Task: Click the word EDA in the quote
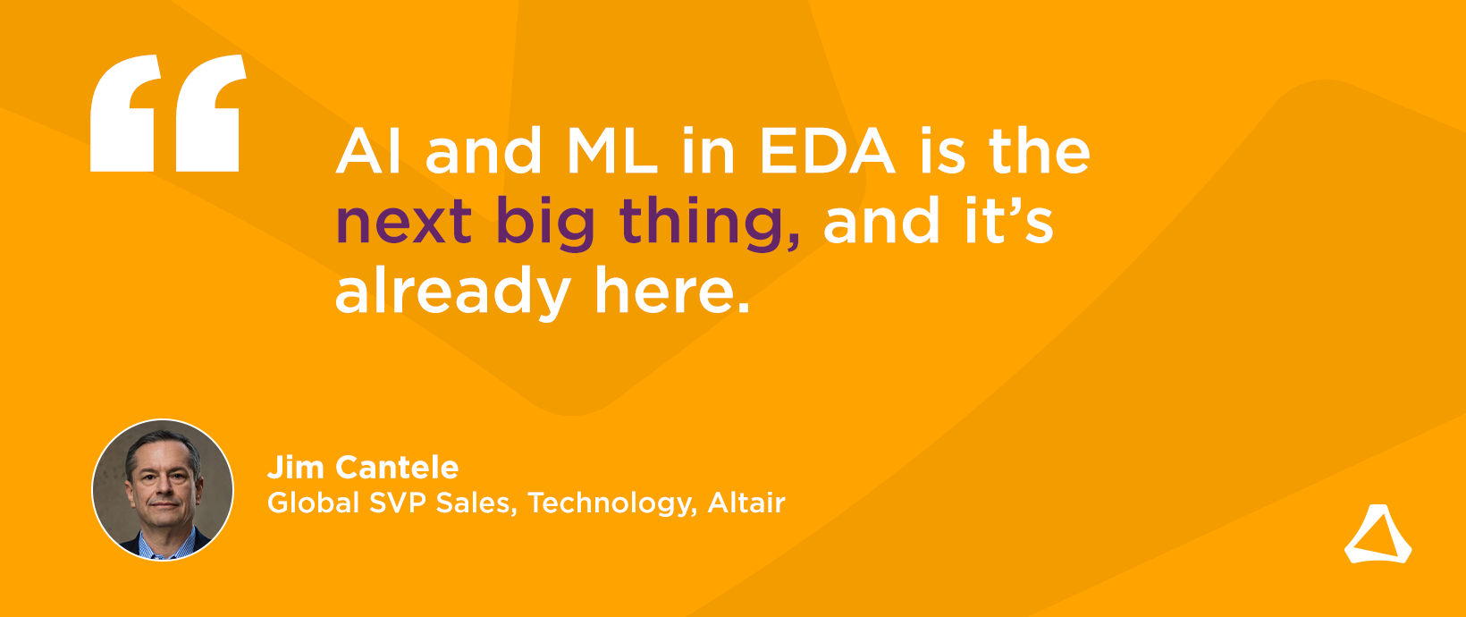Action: click(x=827, y=151)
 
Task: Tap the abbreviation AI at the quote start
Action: click(x=368, y=151)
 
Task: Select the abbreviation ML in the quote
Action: click(x=612, y=151)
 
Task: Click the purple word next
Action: click(x=404, y=222)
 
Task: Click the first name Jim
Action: click(x=296, y=468)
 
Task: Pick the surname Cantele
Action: click(x=397, y=468)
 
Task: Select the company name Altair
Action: click(x=746, y=503)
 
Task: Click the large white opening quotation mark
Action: click(x=168, y=114)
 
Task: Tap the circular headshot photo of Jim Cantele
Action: click(x=163, y=490)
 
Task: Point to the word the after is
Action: click(x=1040, y=151)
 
